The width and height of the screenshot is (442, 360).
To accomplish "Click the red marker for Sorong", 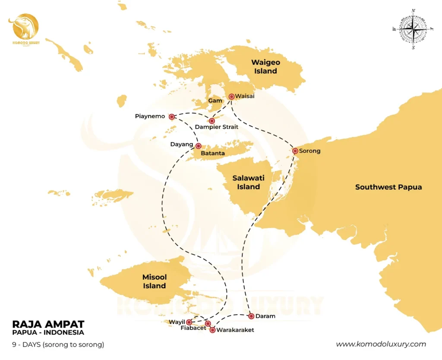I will pos(295,151).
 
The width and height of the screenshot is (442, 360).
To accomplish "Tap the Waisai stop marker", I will pos(231,97).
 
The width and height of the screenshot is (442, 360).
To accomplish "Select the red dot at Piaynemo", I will pos(171,117).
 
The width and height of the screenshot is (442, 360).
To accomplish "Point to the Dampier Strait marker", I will pos(212,121).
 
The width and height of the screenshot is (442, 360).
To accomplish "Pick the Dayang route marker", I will pos(199,146).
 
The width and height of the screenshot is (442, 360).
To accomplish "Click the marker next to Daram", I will pos(251,316).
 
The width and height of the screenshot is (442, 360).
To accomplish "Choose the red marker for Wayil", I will pos(189,322).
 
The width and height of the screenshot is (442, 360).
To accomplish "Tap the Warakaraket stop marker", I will pos(212,330).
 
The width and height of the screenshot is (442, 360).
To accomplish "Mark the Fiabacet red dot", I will pos(208,323).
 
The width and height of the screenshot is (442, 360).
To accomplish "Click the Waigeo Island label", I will pos(265,67).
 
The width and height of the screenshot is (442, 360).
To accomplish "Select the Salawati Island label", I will pos(248,182).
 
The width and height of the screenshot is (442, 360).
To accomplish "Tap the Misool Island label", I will pos(155,281).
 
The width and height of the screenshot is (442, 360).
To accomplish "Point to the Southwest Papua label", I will pos(388,187).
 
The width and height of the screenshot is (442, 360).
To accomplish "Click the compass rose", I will pos(414,29).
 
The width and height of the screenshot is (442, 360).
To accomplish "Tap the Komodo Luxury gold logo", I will pos(24,28).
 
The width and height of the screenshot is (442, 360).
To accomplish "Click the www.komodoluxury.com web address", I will pos(381,344).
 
